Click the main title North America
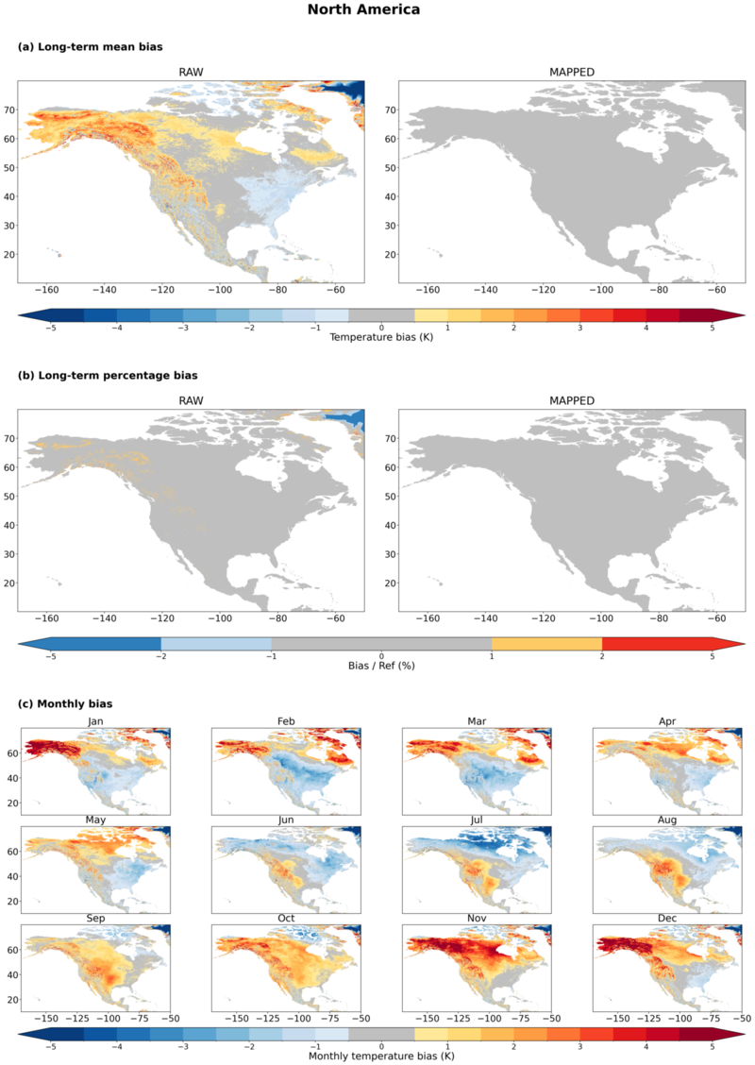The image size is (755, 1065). point(363,9)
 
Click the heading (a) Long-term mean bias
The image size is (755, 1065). point(91,47)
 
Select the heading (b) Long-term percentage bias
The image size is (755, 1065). point(108,376)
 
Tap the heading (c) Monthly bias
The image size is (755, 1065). point(65,703)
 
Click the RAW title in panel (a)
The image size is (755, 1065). point(191,72)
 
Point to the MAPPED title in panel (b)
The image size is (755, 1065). point(572,400)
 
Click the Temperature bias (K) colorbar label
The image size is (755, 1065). point(381,337)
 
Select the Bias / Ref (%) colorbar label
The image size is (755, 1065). point(381,666)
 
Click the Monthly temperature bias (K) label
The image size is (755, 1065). point(381,1057)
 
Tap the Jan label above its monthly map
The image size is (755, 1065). point(95,721)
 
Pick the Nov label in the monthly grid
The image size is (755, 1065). point(477,919)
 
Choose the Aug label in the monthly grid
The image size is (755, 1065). point(667,820)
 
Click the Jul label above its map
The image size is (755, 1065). point(477,820)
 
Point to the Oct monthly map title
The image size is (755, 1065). point(286,919)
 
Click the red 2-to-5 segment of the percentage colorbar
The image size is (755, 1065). point(657,644)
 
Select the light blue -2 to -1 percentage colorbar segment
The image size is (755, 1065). point(216,644)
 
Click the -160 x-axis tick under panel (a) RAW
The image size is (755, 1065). point(46,290)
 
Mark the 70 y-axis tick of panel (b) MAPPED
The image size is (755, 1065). point(390,439)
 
